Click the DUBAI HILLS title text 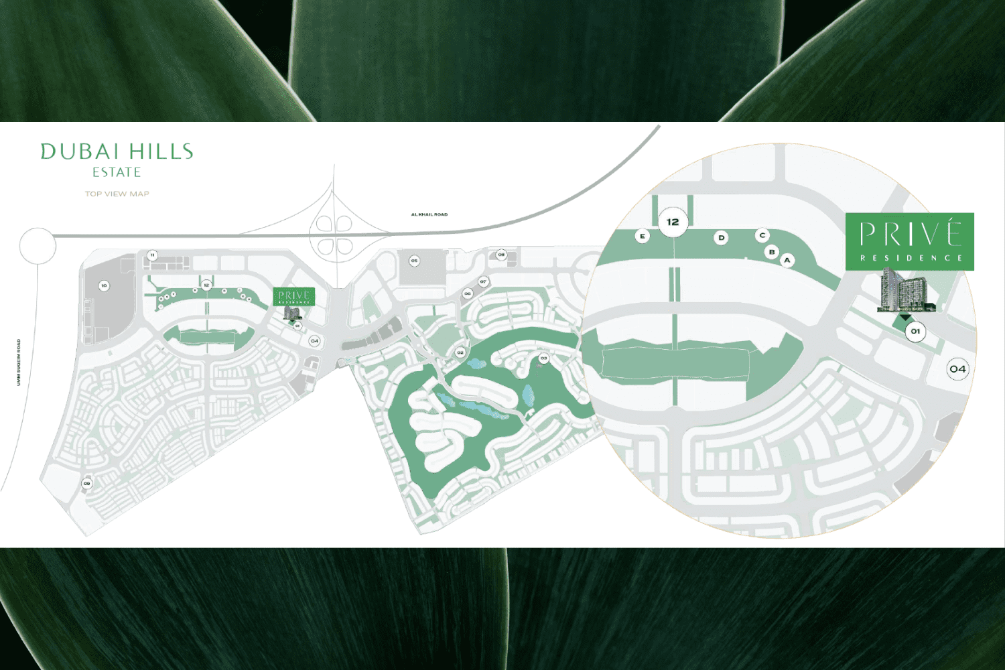[117, 151]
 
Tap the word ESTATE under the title [117, 172]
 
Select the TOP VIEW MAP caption [117, 194]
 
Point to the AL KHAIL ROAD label [429, 214]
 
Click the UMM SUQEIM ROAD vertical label [19, 362]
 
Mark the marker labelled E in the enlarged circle [643, 236]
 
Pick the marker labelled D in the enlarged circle [721, 237]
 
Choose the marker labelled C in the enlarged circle [762, 235]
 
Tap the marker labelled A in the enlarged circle [787, 260]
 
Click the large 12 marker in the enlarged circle [673, 222]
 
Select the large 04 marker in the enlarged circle [957, 368]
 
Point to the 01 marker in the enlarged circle [915, 331]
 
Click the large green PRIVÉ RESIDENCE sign [909, 242]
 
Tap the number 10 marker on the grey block [104, 286]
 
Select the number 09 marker [86, 483]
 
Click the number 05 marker [415, 261]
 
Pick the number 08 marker [501, 255]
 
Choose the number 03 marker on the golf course [543, 358]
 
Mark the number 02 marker [460, 352]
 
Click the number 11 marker [153, 255]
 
